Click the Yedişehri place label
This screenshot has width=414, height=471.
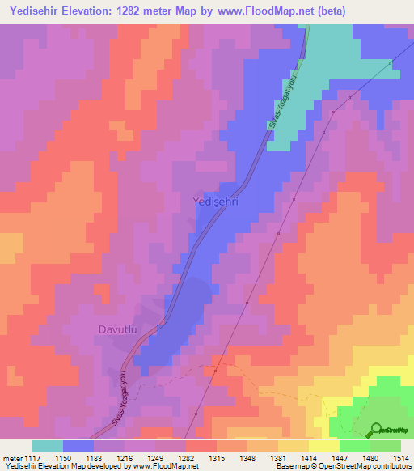(214, 202)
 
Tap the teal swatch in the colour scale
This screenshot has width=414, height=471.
(48, 446)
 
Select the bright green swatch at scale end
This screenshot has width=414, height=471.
(386, 446)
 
